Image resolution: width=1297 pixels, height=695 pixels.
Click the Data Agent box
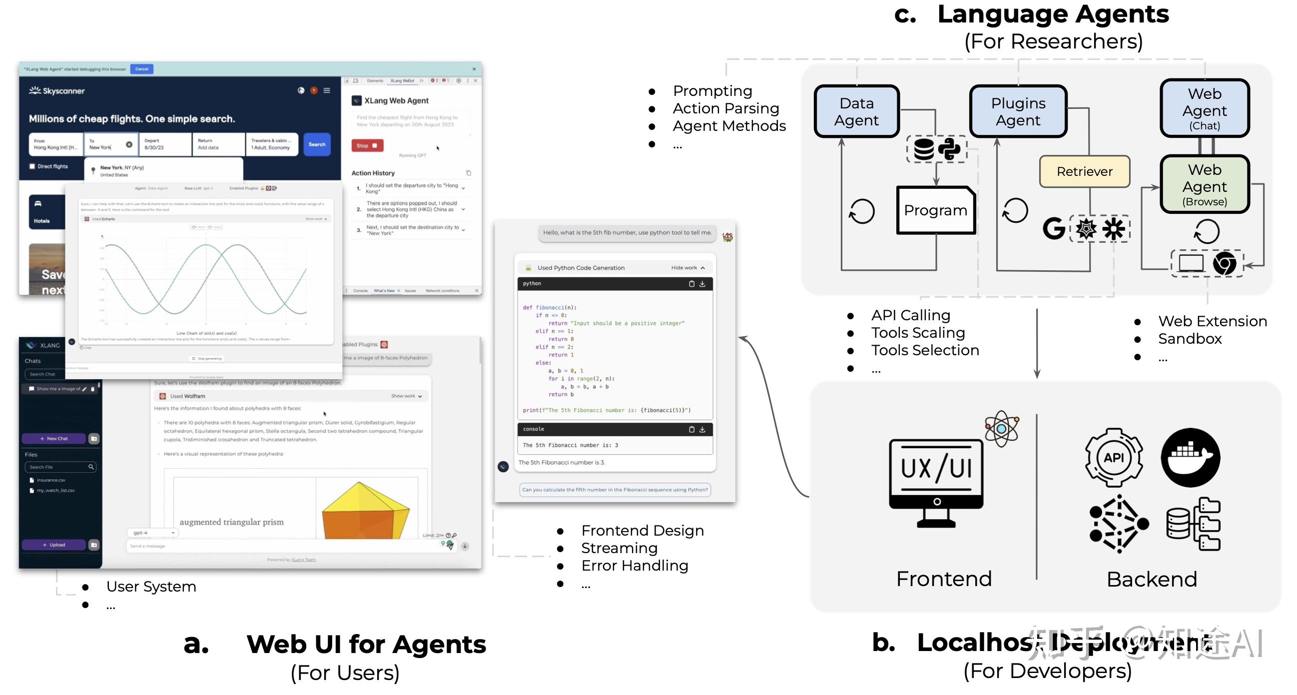click(856, 111)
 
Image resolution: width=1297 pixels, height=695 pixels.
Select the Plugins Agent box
click(1018, 111)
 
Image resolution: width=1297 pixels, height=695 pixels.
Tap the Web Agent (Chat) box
click(1204, 108)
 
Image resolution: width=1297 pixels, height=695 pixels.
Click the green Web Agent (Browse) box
click(1204, 185)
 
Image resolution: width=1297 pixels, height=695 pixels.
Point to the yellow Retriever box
click(1084, 172)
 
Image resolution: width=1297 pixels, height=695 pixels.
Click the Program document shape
click(935, 210)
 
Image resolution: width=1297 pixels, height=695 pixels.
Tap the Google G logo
click(1053, 229)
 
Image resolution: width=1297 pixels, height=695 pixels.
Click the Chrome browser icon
click(1224, 263)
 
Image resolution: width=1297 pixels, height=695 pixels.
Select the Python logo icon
click(949, 149)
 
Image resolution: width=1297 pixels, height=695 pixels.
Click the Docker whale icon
click(1190, 458)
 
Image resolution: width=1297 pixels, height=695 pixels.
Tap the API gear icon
click(1113, 458)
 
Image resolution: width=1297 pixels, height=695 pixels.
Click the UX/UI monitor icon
click(935, 481)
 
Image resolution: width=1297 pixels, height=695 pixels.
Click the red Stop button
click(367, 145)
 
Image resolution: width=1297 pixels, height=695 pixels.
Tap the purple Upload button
click(54, 545)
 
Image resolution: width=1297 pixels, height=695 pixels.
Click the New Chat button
click(54, 439)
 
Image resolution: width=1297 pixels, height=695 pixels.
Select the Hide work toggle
click(687, 268)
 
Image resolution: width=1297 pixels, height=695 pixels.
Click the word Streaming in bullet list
click(619, 548)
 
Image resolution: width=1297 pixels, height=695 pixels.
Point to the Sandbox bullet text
click(1189, 339)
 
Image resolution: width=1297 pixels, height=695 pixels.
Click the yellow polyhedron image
click(365, 511)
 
